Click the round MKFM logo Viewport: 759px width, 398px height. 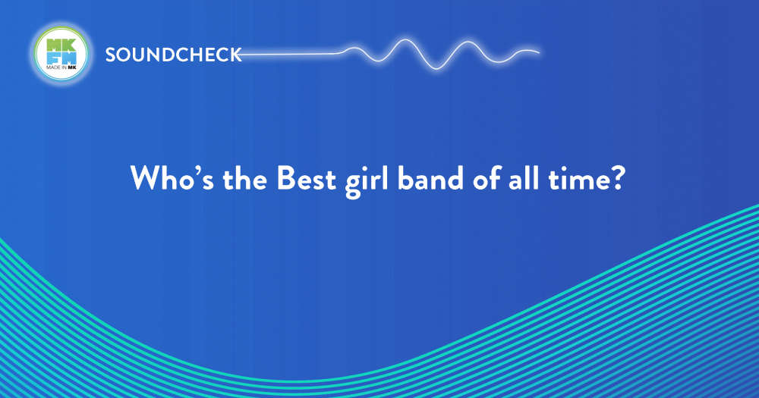(x=61, y=53)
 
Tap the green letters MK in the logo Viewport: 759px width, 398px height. (x=61, y=45)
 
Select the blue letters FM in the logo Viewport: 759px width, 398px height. (x=61, y=58)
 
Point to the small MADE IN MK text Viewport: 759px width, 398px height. (x=61, y=67)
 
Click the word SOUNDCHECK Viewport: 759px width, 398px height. (x=173, y=55)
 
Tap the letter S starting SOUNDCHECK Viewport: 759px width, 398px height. (x=111, y=55)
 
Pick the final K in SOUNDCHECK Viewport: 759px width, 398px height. (x=235, y=55)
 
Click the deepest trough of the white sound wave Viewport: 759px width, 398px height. (x=436, y=68)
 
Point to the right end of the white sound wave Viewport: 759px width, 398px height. (x=539, y=52)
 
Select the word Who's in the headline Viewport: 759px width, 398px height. (x=172, y=178)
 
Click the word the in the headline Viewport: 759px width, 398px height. (x=244, y=178)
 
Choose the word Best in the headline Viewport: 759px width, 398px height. (x=306, y=178)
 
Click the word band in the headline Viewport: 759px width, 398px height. (x=430, y=178)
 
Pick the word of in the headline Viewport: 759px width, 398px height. (x=486, y=178)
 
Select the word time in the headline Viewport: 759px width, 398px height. (x=577, y=178)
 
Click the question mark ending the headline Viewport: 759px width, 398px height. (x=616, y=178)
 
